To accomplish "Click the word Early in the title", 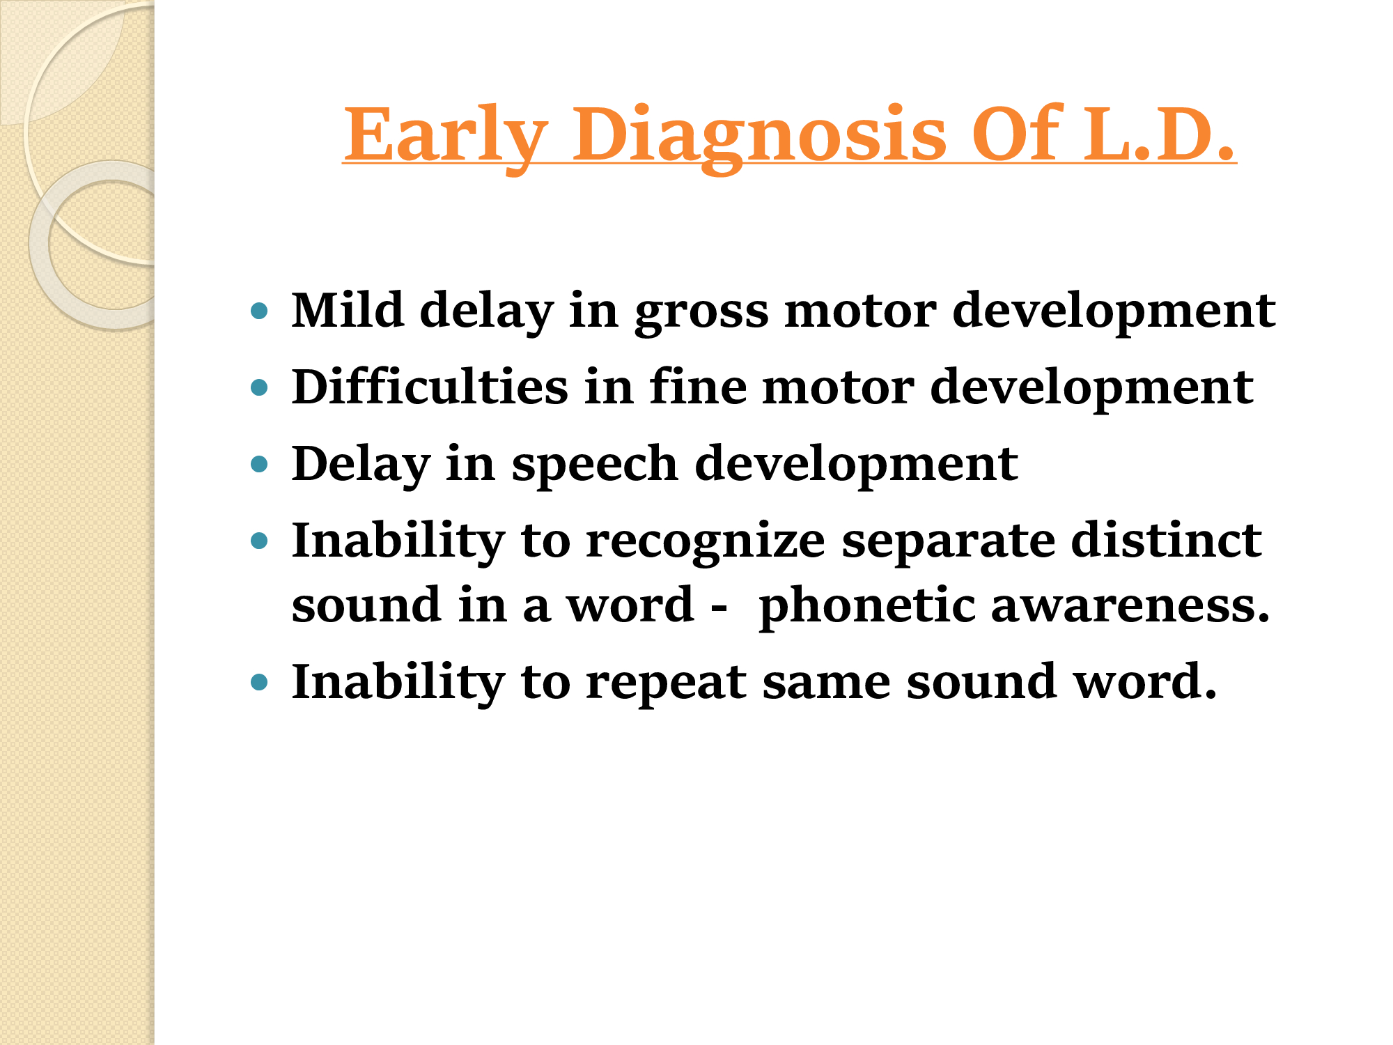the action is (446, 135).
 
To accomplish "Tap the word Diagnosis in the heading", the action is (759, 135).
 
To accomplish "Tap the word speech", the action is (595, 465).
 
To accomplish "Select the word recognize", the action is (706, 541).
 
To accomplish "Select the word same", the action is (827, 683).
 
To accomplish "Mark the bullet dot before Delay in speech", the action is (259, 464).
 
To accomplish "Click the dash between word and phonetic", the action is (719, 607).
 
